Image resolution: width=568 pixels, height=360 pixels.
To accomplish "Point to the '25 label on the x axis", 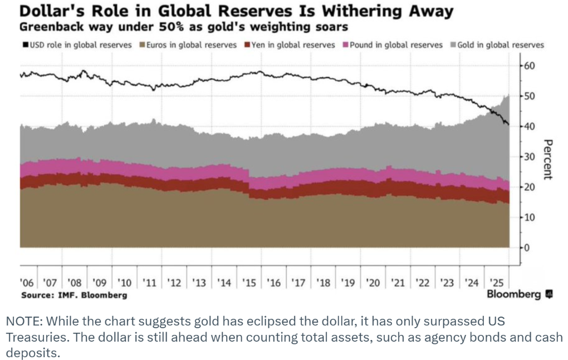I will pyautogui.click(x=497, y=283).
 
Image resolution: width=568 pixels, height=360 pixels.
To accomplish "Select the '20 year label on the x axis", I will pyautogui.click(x=373, y=283).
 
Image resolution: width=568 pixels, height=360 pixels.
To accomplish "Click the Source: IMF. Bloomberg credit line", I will pyautogui.click(x=74, y=295).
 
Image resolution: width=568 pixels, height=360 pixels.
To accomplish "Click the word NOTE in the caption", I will pyautogui.click(x=21, y=322).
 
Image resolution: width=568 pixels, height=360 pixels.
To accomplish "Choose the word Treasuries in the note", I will pyautogui.click(x=32, y=338).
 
